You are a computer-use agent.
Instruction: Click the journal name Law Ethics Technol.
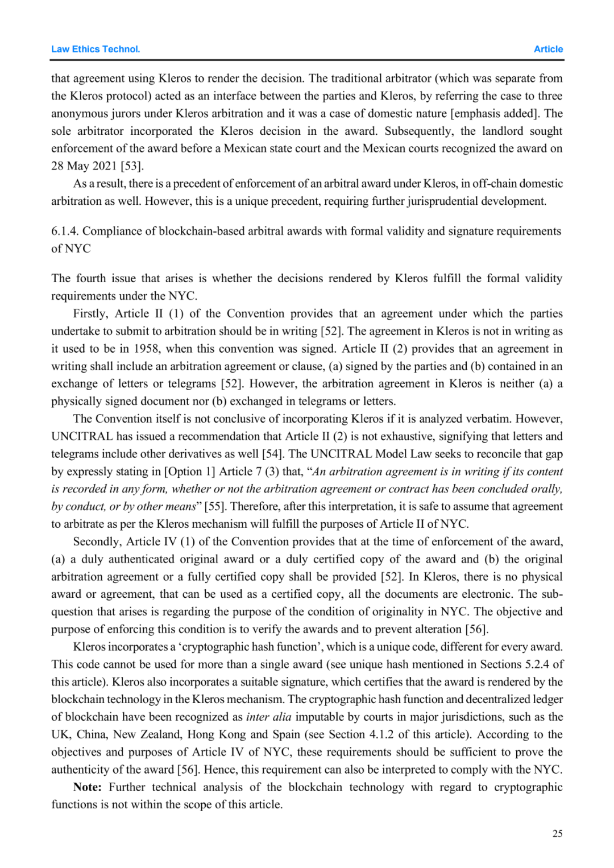pos(96,49)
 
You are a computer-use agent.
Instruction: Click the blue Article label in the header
pos(548,49)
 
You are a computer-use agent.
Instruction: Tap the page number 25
pos(557,833)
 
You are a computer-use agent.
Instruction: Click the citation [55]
pos(215,506)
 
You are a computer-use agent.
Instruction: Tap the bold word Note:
pos(88,787)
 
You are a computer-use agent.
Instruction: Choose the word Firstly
pos(90,313)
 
